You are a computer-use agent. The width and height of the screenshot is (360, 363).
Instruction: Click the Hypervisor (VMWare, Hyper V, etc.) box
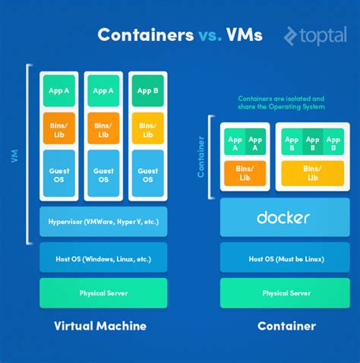[103, 221]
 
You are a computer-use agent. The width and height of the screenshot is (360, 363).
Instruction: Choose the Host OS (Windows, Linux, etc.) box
[103, 258]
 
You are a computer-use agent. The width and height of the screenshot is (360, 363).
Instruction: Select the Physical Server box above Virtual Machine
[103, 292]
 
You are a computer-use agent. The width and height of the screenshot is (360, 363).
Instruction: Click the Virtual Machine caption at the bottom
[100, 326]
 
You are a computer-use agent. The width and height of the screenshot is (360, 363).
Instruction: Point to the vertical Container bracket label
[201, 156]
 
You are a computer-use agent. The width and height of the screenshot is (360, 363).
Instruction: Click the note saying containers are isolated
[281, 102]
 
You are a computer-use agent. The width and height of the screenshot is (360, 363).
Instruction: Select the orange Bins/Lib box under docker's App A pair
[245, 172]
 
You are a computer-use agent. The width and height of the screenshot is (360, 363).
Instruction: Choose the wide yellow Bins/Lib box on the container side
[312, 172]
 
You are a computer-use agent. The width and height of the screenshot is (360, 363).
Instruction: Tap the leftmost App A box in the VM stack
[58, 90]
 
